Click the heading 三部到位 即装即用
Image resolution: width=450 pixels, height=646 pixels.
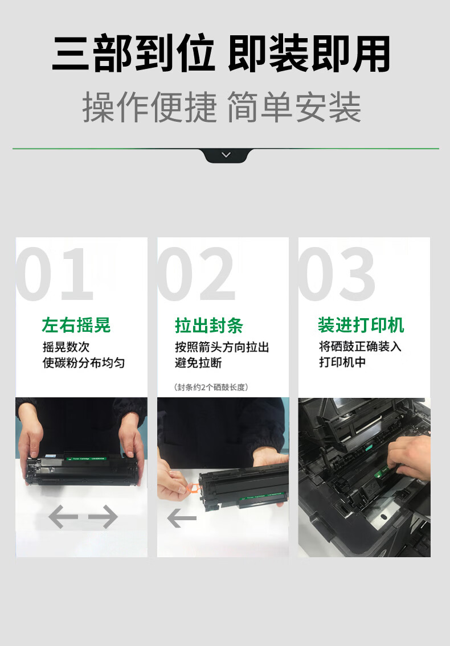(x=221, y=54)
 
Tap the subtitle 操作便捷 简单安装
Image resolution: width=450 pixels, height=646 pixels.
(x=222, y=107)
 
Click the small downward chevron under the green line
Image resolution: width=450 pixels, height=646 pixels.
(x=226, y=155)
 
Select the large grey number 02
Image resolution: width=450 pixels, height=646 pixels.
(x=197, y=274)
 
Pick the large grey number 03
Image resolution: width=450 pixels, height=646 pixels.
(x=337, y=274)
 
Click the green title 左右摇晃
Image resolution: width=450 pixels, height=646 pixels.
(x=76, y=325)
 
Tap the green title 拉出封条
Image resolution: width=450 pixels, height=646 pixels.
(x=209, y=325)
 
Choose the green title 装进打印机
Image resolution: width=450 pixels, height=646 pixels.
(x=361, y=324)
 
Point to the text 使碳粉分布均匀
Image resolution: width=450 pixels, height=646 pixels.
(x=84, y=363)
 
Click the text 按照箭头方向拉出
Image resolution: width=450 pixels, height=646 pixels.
(x=222, y=347)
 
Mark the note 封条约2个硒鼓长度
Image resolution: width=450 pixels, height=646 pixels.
(x=211, y=387)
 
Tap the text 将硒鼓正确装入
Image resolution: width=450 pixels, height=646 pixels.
(x=360, y=347)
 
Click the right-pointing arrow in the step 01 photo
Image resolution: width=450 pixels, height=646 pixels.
(x=103, y=517)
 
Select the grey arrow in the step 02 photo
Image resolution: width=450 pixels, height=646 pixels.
(x=182, y=518)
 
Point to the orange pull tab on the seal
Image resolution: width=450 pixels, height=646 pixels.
(x=193, y=488)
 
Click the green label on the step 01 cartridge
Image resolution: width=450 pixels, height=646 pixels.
(x=87, y=459)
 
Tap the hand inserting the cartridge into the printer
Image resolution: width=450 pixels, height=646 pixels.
(x=410, y=458)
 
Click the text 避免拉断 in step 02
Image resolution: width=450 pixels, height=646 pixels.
(x=198, y=363)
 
